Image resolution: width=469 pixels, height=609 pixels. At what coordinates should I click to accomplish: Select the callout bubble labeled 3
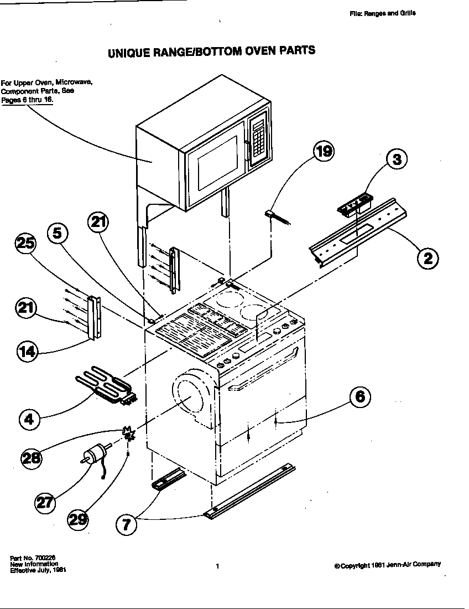[396, 159]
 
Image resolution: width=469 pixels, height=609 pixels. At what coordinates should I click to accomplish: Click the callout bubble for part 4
[29, 419]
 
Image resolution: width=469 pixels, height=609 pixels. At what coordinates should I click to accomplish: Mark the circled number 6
[359, 396]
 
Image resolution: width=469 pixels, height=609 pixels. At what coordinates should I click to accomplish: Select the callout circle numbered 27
[45, 502]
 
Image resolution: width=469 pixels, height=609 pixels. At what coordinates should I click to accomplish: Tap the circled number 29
[79, 518]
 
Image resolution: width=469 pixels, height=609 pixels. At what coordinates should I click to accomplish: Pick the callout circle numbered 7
[127, 524]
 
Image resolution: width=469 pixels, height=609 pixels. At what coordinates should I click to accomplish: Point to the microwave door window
[213, 161]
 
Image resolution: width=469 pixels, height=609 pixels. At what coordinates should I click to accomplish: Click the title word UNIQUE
[126, 53]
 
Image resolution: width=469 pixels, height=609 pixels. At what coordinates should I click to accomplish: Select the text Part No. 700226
[33, 558]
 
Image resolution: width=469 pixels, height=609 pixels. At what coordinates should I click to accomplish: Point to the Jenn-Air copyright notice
[388, 565]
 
